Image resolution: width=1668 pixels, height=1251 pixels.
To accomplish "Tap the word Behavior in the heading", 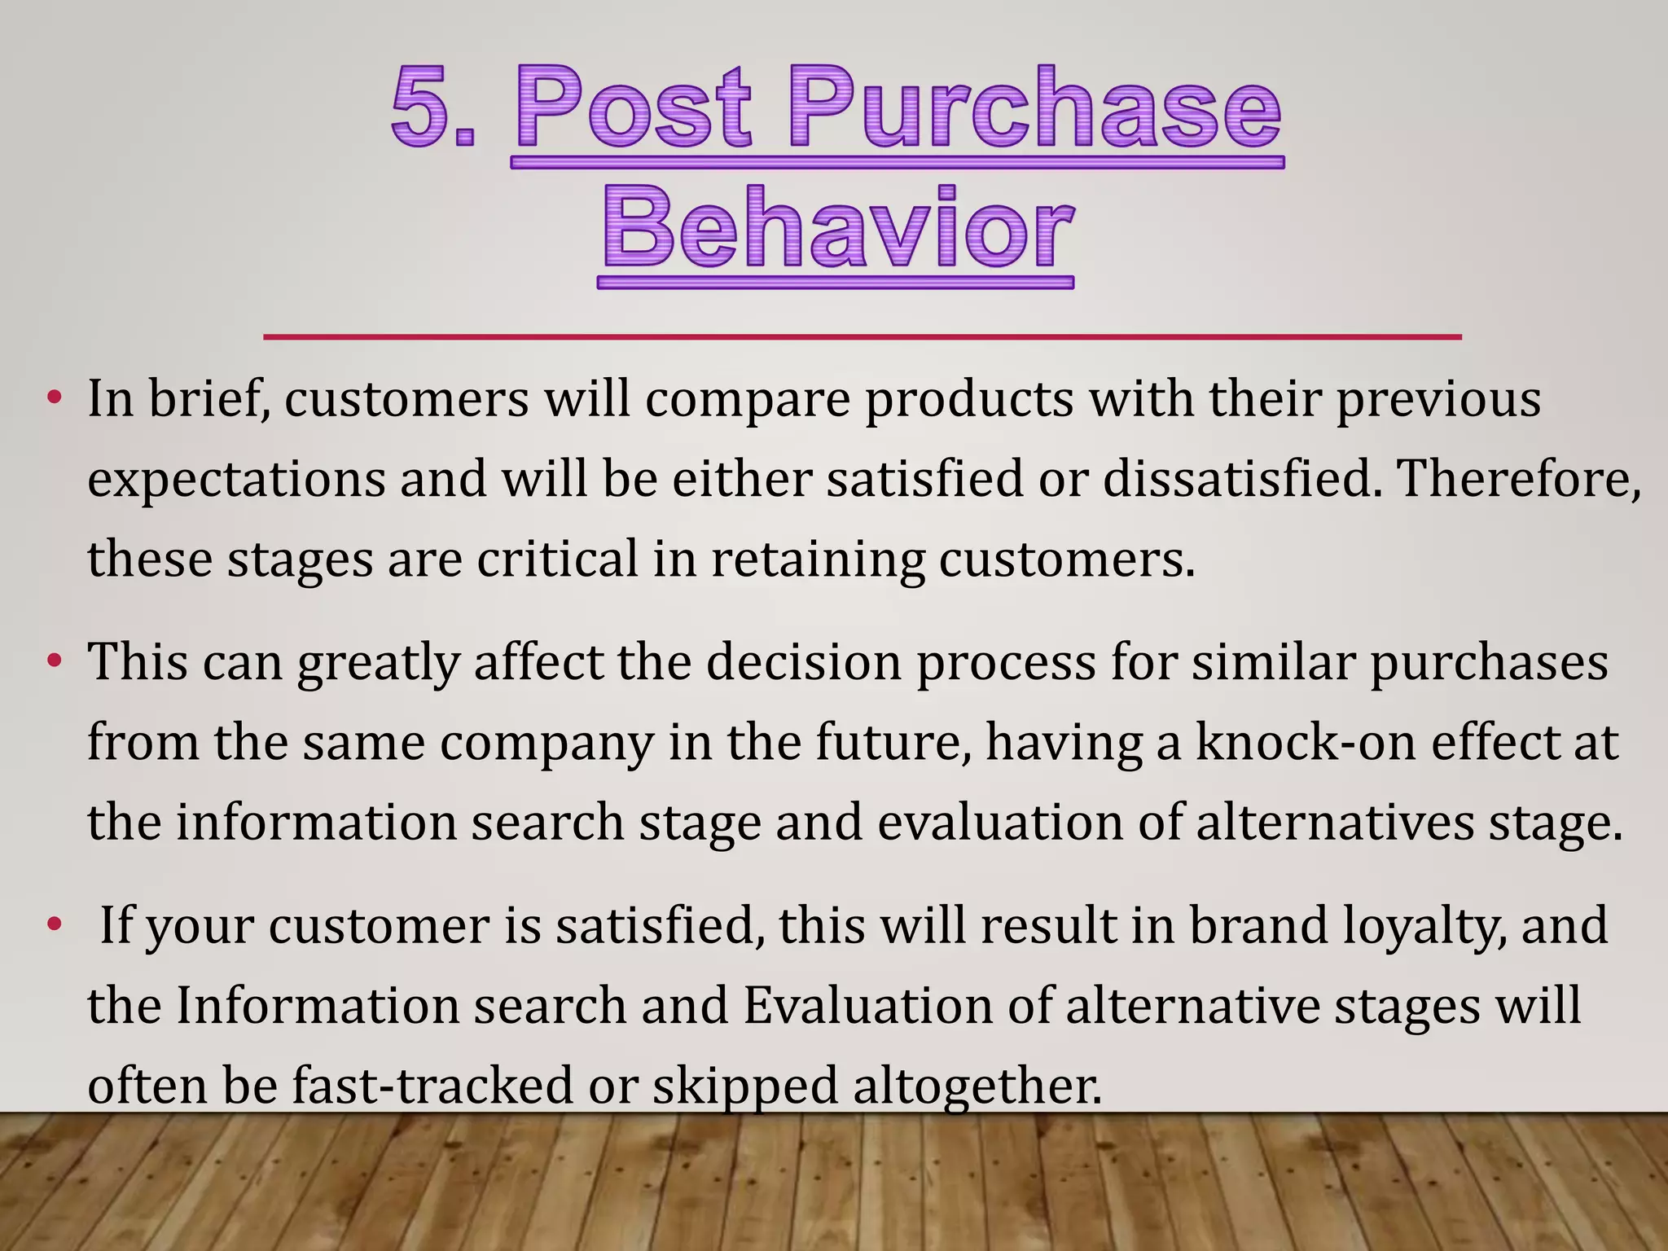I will pos(836,228).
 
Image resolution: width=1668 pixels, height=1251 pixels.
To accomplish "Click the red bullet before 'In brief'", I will pos(55,398).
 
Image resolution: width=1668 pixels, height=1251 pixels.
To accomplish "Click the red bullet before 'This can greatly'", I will pos(55,661).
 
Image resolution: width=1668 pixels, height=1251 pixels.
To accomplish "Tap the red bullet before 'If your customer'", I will pos(55,924).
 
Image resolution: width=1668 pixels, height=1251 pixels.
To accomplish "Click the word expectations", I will pos(236,480).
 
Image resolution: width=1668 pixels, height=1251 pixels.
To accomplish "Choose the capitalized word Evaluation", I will pos(867,1005).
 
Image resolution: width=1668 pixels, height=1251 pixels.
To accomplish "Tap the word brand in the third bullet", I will pos(1258,924).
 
